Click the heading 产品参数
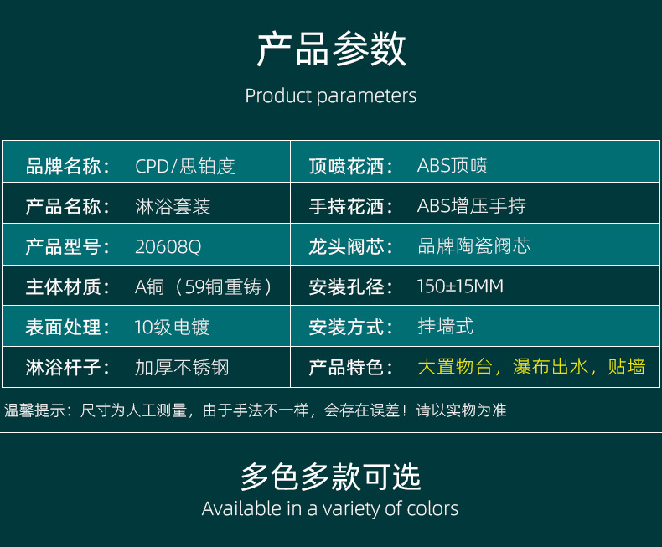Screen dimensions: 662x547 (x=332, y=49)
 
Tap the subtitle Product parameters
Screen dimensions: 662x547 (x=330, y=96)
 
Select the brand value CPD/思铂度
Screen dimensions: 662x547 (x=185, y=166)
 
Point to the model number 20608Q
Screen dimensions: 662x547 (x=168, y=247)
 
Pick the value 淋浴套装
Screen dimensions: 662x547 (x=173, y=206)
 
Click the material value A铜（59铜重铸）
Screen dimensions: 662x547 (x=204, y=287)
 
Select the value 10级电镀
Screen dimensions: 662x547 (x=172, y=327)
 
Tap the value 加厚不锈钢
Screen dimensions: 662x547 (x=182, y=367)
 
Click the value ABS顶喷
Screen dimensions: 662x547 (x=453, y=166)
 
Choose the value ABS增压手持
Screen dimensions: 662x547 (x=471, y=206)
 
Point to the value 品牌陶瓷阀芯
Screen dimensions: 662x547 (x=474, y=245)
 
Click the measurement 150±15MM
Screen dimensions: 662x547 (x=460, y=286)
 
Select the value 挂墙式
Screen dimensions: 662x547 (x=446, y=326)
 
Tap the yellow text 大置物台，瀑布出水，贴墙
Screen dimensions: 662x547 (x=531, y=366)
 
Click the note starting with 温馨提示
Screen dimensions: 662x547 (x=255, y=410)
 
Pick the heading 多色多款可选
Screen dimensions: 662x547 (x=330, y=477)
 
